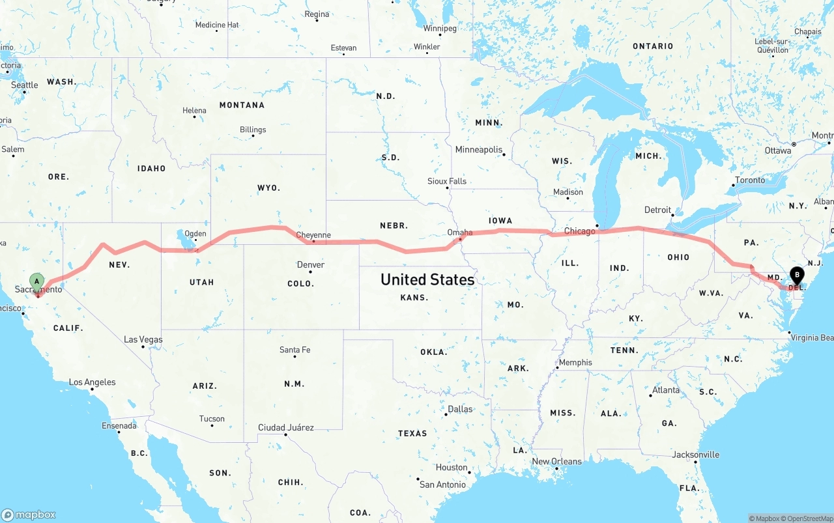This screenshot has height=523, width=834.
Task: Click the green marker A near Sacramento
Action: point(37,282)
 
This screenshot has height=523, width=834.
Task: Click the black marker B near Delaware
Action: point(797,276)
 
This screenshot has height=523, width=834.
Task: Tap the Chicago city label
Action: point(579,231)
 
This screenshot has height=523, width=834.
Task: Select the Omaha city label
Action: point(460,233)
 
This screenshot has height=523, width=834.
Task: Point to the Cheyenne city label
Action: point(313,235)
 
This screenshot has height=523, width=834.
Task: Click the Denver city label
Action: point(310,264)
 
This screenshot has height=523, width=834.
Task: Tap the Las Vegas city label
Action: point(143,339)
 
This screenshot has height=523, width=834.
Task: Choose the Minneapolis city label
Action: point(479,150)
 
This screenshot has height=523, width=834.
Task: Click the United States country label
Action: point(427,279)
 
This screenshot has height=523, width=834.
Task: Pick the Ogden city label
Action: point(195,234)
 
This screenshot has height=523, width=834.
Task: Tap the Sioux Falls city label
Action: point(447,181)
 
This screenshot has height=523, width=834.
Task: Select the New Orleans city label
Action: point(556,462)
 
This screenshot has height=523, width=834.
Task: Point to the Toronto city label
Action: point(750,180)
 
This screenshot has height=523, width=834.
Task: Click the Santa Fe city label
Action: point(295,350)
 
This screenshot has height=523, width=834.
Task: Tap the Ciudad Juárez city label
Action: point(286,428)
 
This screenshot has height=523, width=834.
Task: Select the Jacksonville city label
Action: point(695,455)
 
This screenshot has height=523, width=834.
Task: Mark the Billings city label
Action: point(253,130)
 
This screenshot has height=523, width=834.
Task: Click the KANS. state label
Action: point(414,298)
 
